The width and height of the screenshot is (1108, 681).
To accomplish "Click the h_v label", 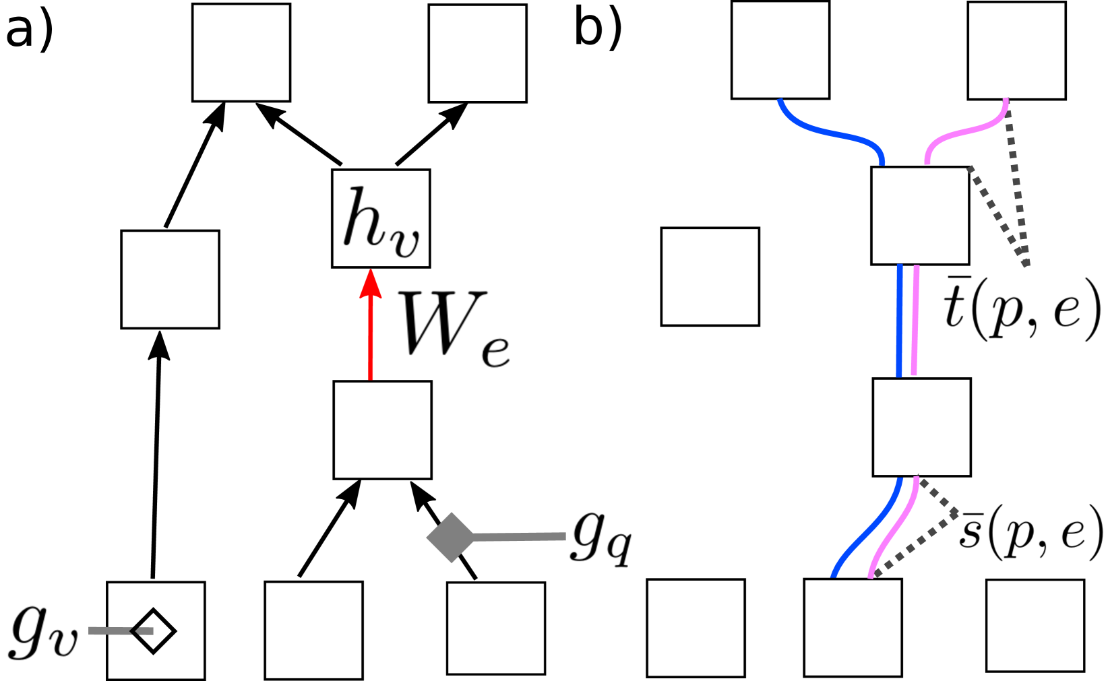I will tap(380, 218).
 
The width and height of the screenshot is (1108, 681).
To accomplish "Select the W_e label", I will tap(452, 327).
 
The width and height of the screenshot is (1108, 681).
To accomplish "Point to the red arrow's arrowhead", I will tap(371, 283).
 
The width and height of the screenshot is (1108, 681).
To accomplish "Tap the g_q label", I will tap(601, 542).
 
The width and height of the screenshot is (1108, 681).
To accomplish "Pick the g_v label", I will tap(44, 632).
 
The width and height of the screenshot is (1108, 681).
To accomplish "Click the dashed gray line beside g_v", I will tap(122, 631).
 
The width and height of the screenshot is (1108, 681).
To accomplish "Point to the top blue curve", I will tap(829, 132).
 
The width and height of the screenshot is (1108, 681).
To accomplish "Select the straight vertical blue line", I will tap(900, 321).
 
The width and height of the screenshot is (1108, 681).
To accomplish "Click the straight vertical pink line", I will tap(915, 321).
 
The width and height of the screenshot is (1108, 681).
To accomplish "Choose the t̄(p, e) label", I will tap(1022, 308).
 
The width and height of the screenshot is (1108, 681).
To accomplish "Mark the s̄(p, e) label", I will tap(1030, 532).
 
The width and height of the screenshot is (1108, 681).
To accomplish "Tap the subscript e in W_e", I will tap(495, 350).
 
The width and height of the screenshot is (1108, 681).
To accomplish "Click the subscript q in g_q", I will tap(619, 549).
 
